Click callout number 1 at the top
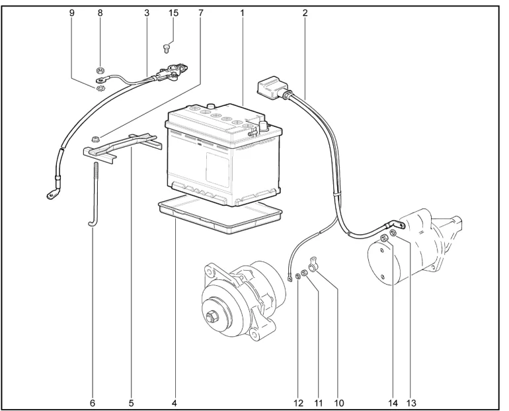(243, 12)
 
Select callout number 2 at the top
(305, 12)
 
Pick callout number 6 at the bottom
(93, 401)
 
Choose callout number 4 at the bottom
(175, 401)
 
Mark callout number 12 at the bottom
(298, 401)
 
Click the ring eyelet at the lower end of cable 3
(50, 194)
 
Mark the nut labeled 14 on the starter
(384, 238)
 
